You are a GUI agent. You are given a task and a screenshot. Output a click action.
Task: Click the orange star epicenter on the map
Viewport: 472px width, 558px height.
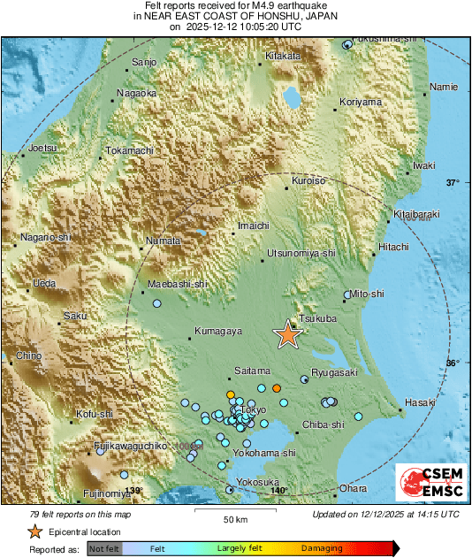(x=287, y=334)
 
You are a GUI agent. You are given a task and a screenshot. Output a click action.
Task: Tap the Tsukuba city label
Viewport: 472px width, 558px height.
(x=316, y=317)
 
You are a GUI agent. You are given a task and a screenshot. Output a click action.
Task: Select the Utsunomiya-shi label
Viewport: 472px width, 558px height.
(x=302, y=253)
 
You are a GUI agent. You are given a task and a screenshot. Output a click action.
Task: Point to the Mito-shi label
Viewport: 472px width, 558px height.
(x=367, y=293)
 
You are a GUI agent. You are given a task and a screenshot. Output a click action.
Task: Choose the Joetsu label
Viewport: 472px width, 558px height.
(x=42, y=148)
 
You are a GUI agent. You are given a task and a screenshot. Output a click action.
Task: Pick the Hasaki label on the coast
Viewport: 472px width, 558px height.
(x=420, y=402)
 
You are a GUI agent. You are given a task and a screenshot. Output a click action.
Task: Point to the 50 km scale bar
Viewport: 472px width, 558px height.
(x=234, y=510)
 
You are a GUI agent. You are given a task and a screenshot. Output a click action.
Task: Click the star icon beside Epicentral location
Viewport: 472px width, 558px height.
(x=34, y=531)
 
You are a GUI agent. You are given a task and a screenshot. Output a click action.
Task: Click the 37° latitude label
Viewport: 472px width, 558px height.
(x=453, y=183)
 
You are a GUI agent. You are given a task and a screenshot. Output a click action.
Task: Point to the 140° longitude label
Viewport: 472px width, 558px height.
(x=278, y=491)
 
